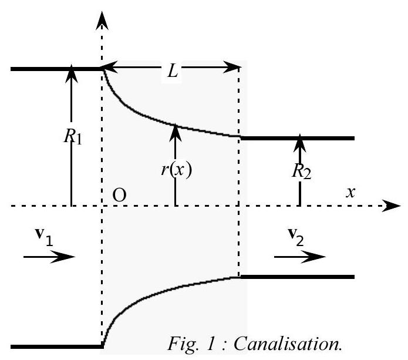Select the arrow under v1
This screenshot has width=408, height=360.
pyautogui.click(x=49, y=256)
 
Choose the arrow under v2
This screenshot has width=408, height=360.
pyautogui.click(x=299, y=256)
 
